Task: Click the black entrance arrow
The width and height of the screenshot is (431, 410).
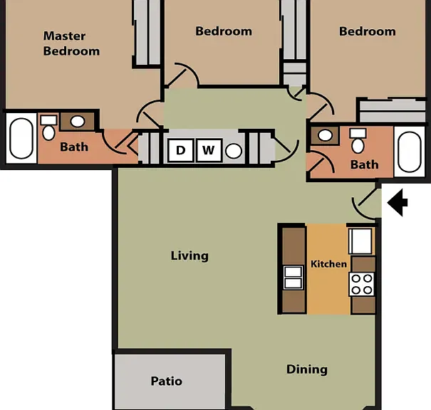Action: (398, 203)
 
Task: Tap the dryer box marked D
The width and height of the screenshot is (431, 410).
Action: (180, 150)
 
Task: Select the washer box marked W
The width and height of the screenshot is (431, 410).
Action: (209, 150)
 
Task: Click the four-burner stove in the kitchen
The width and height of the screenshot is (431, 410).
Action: (361, 284)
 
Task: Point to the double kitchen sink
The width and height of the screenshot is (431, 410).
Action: (294, 278)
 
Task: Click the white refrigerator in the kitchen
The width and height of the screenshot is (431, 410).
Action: (360, 241)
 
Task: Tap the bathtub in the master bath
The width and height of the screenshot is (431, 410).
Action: (21, 138)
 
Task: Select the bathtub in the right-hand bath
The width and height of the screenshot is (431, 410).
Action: (410, 152)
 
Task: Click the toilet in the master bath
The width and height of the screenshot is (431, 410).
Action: (48, 127)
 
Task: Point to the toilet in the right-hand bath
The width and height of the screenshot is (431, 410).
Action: (358, 141)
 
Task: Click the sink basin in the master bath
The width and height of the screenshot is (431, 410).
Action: (78, 122)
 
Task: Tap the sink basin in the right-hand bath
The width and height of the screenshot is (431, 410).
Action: (325, 135)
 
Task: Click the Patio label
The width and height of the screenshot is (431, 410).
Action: (167, 381)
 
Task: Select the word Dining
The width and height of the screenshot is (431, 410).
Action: (307, 369)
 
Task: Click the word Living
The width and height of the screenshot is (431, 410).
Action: (189, 256)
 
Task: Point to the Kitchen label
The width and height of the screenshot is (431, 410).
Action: (328, 264)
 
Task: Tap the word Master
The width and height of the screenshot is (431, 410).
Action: (64, 36)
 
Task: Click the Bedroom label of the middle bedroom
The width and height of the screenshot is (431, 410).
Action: (224, 31)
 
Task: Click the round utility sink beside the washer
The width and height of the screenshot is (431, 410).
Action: (234, 151)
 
